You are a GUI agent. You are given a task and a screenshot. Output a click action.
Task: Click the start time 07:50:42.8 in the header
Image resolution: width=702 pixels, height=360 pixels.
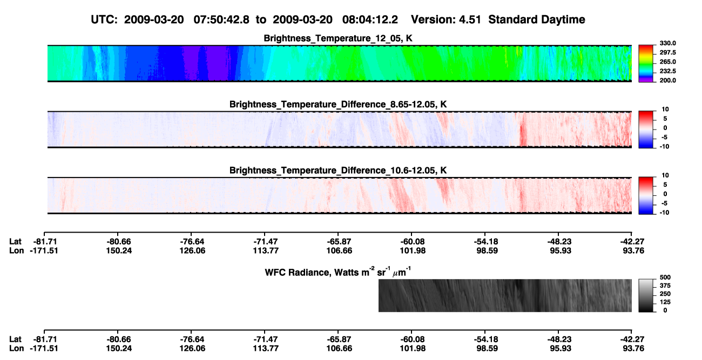[x=221, y=20]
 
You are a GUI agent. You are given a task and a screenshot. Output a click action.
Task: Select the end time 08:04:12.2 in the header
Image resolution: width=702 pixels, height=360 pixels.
[x=370, y=20]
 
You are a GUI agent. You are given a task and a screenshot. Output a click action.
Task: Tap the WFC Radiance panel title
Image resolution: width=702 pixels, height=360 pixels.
[x=337, y=272]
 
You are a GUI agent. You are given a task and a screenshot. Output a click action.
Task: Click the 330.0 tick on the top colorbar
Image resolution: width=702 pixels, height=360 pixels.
[x=668, y=43]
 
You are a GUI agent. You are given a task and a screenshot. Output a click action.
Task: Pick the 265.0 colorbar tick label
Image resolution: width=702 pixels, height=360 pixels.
[x=668, y=62]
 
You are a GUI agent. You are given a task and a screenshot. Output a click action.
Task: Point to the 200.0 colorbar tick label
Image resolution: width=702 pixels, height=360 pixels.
[x=668, y=80]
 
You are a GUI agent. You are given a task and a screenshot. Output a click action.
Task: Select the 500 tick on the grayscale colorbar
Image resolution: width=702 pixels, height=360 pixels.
[x=665, y=277]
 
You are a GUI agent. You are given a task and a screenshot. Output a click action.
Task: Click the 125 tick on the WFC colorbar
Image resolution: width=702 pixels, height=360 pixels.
[x=665, y=302]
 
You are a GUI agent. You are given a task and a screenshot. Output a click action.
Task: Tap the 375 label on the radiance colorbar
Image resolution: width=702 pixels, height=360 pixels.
[x=665, y=286]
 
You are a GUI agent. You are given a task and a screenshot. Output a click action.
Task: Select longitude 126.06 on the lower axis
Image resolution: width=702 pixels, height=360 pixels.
[x=192, y=349]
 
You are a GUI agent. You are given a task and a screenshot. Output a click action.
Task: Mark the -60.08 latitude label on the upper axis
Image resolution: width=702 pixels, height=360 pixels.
[x=412, y=242]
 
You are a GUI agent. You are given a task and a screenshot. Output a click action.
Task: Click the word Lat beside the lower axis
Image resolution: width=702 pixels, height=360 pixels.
[x=15, y=339]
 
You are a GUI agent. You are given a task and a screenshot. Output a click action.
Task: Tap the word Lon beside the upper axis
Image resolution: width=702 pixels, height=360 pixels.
[x=17, y=250]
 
